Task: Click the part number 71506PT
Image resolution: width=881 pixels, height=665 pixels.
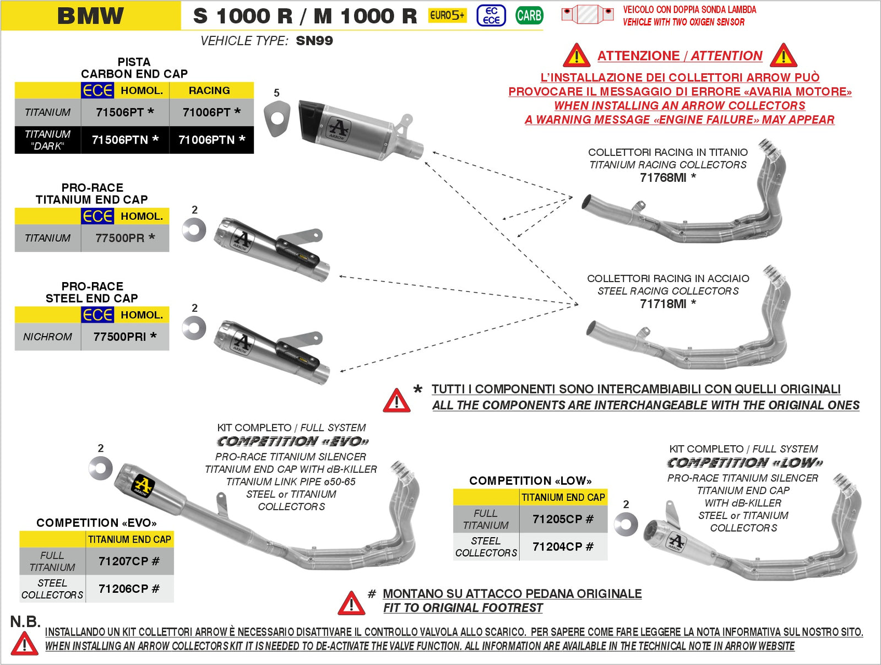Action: (x=120, y=112)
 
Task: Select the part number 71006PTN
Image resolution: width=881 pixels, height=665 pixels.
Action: (x=207, y=140)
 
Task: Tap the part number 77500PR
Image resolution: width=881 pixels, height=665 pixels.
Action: (x=120, y=238)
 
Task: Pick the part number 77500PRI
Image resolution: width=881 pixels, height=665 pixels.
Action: (x=120, y=337)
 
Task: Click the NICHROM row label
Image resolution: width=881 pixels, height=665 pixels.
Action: (x=47, y=337)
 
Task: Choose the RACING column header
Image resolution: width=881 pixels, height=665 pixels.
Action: (x=209, y=90)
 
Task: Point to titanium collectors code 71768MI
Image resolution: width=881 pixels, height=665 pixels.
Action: (x=663, y=177)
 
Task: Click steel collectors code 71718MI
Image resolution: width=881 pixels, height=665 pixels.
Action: (x=663, y=304)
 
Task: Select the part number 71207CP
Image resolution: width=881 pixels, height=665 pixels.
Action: (x=124, y=561)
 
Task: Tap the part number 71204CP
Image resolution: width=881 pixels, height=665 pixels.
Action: (x=558, y=547)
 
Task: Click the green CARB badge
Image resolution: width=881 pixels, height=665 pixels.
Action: (x=529, y=15)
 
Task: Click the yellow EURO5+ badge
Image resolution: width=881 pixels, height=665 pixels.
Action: (x=447, y=15)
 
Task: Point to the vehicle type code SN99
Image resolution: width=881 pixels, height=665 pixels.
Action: (x=314, y=41)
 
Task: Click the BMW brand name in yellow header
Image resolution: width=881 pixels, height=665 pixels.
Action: (x=91, y=15)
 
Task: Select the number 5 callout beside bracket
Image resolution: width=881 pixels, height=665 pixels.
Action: (x=277, y=93)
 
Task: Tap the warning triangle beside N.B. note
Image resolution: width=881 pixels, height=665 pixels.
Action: (x=24, y=644)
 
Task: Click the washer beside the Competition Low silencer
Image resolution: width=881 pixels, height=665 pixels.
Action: (x=626, y=524)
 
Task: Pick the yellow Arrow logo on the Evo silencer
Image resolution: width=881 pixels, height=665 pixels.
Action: (x=143, y=486)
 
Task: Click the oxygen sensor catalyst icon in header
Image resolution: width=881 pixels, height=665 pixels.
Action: (x=587, y=14)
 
